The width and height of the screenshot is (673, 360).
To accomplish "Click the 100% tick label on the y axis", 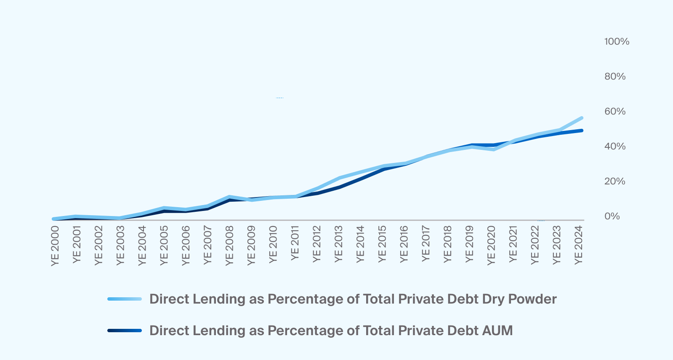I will click(617, 42).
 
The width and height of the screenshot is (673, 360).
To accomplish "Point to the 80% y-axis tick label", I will click(615, 77).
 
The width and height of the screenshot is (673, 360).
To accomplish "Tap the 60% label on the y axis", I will click(615, 112).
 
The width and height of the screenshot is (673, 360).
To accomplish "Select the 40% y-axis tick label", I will click(615, 147).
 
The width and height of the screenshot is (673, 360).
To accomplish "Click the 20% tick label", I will click(615, 181).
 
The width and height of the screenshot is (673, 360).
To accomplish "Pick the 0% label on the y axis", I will click(612, 216).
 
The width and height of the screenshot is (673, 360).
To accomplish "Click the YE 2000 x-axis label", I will click(55, 246).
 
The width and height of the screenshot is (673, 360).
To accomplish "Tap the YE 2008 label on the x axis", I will click(229, 246).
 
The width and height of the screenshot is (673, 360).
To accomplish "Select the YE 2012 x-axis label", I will click(317, 244).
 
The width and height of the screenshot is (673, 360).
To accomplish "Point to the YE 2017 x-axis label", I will click(426, 243).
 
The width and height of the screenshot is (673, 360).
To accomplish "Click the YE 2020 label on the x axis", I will click(491, 246).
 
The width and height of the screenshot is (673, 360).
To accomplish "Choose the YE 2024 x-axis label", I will click(579, 245).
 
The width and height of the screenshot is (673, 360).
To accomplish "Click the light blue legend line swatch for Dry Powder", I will click(125, 299).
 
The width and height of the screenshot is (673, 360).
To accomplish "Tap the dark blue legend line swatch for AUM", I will click(125, 331).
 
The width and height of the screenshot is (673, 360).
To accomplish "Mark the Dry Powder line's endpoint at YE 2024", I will click(581, 118).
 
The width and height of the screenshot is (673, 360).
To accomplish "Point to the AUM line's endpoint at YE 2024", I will click(581, 131).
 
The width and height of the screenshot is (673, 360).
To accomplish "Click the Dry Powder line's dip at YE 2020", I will click(493, 149).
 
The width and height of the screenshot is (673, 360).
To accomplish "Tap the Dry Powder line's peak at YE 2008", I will click(229, 197).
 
